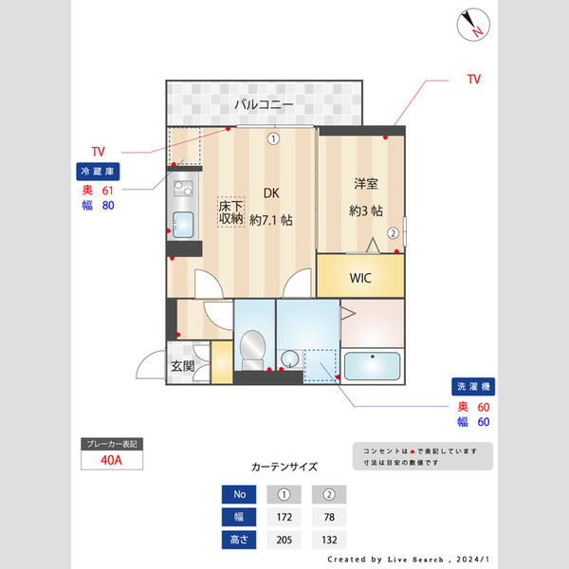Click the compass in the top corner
tap(473, 25)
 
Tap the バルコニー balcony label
tap(264, 104)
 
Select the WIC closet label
tap(360, 278)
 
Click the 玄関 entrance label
tap(183, 366)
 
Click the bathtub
tap(372, 366)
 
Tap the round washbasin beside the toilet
tap(290, 358)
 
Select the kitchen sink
tap(183, 225)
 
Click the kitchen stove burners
tap(183, 189)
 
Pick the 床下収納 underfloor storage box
tap(230, 212)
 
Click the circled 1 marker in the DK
tap(273, 138)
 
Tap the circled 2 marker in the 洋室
tap(393, 233)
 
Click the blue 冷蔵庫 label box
tap(98, 172)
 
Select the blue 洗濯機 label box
tap(473, 387)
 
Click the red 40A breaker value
tap(111, 460)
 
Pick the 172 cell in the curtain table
tap(284, 517)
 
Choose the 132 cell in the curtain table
tap(329, 540)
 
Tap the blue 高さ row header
tap(239, 540)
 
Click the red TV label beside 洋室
tap(474, 79)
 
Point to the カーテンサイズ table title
tap(284, 467)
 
